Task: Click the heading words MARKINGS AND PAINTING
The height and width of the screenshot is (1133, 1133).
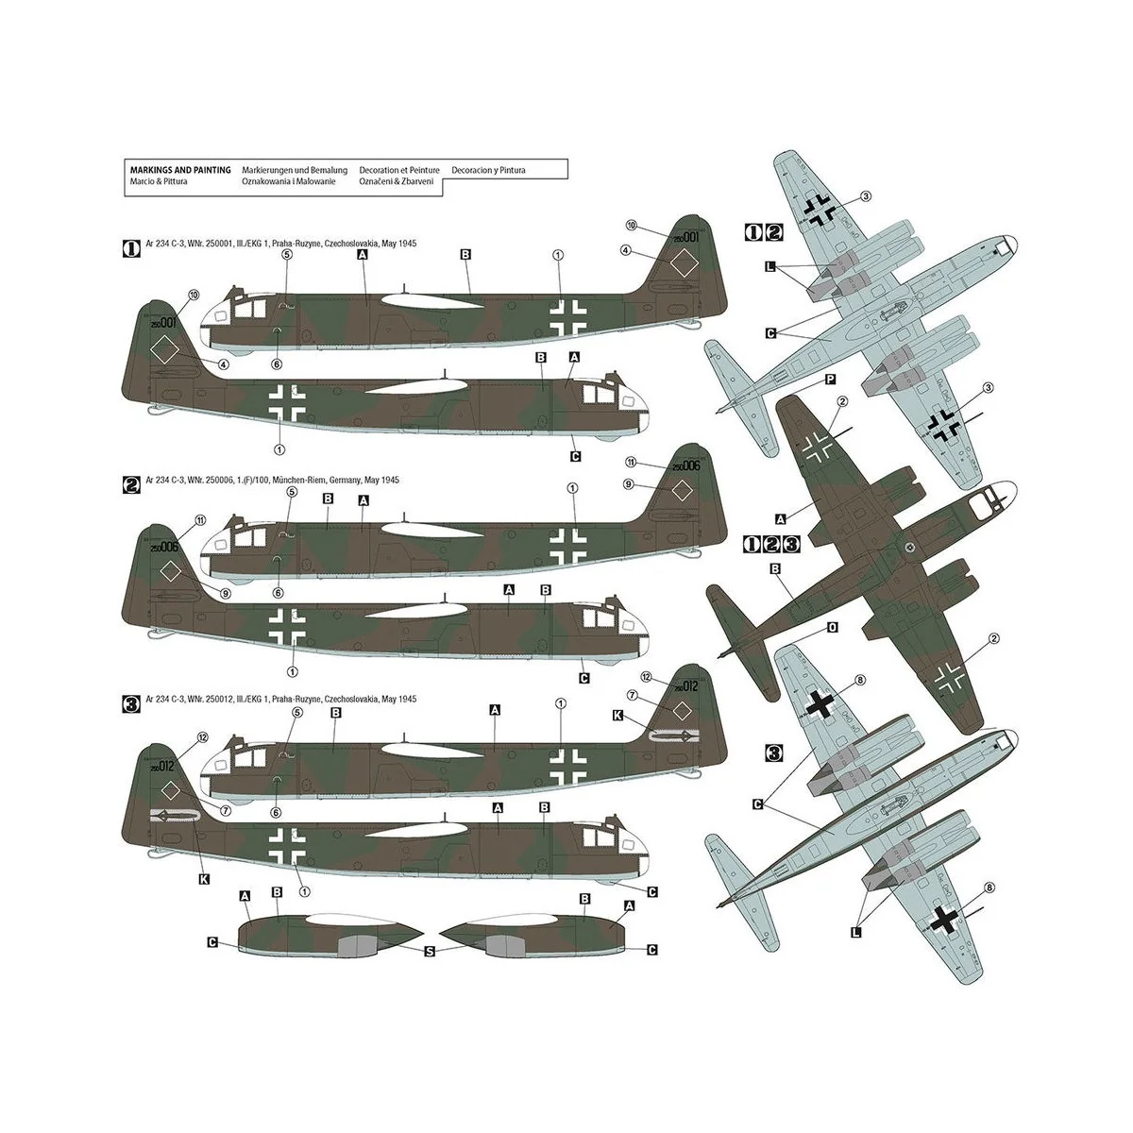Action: (180, 170)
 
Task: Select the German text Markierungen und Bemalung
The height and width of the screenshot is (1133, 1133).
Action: (295, 170)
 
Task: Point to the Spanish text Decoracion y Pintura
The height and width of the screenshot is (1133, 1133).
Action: (488, 170)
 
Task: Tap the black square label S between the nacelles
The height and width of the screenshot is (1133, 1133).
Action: (430, 953)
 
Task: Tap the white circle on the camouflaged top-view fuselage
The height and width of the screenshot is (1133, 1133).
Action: (909, 547)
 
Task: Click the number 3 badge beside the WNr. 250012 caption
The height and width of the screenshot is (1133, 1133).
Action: (132, 700)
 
